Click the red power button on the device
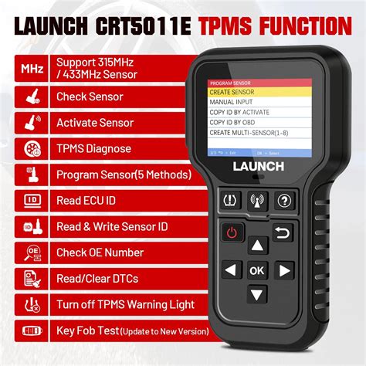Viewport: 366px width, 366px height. point(232,232)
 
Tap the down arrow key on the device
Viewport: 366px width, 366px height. point(257,293)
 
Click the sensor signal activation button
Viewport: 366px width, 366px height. point(257,201)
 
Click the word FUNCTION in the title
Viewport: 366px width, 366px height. point(294,27)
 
